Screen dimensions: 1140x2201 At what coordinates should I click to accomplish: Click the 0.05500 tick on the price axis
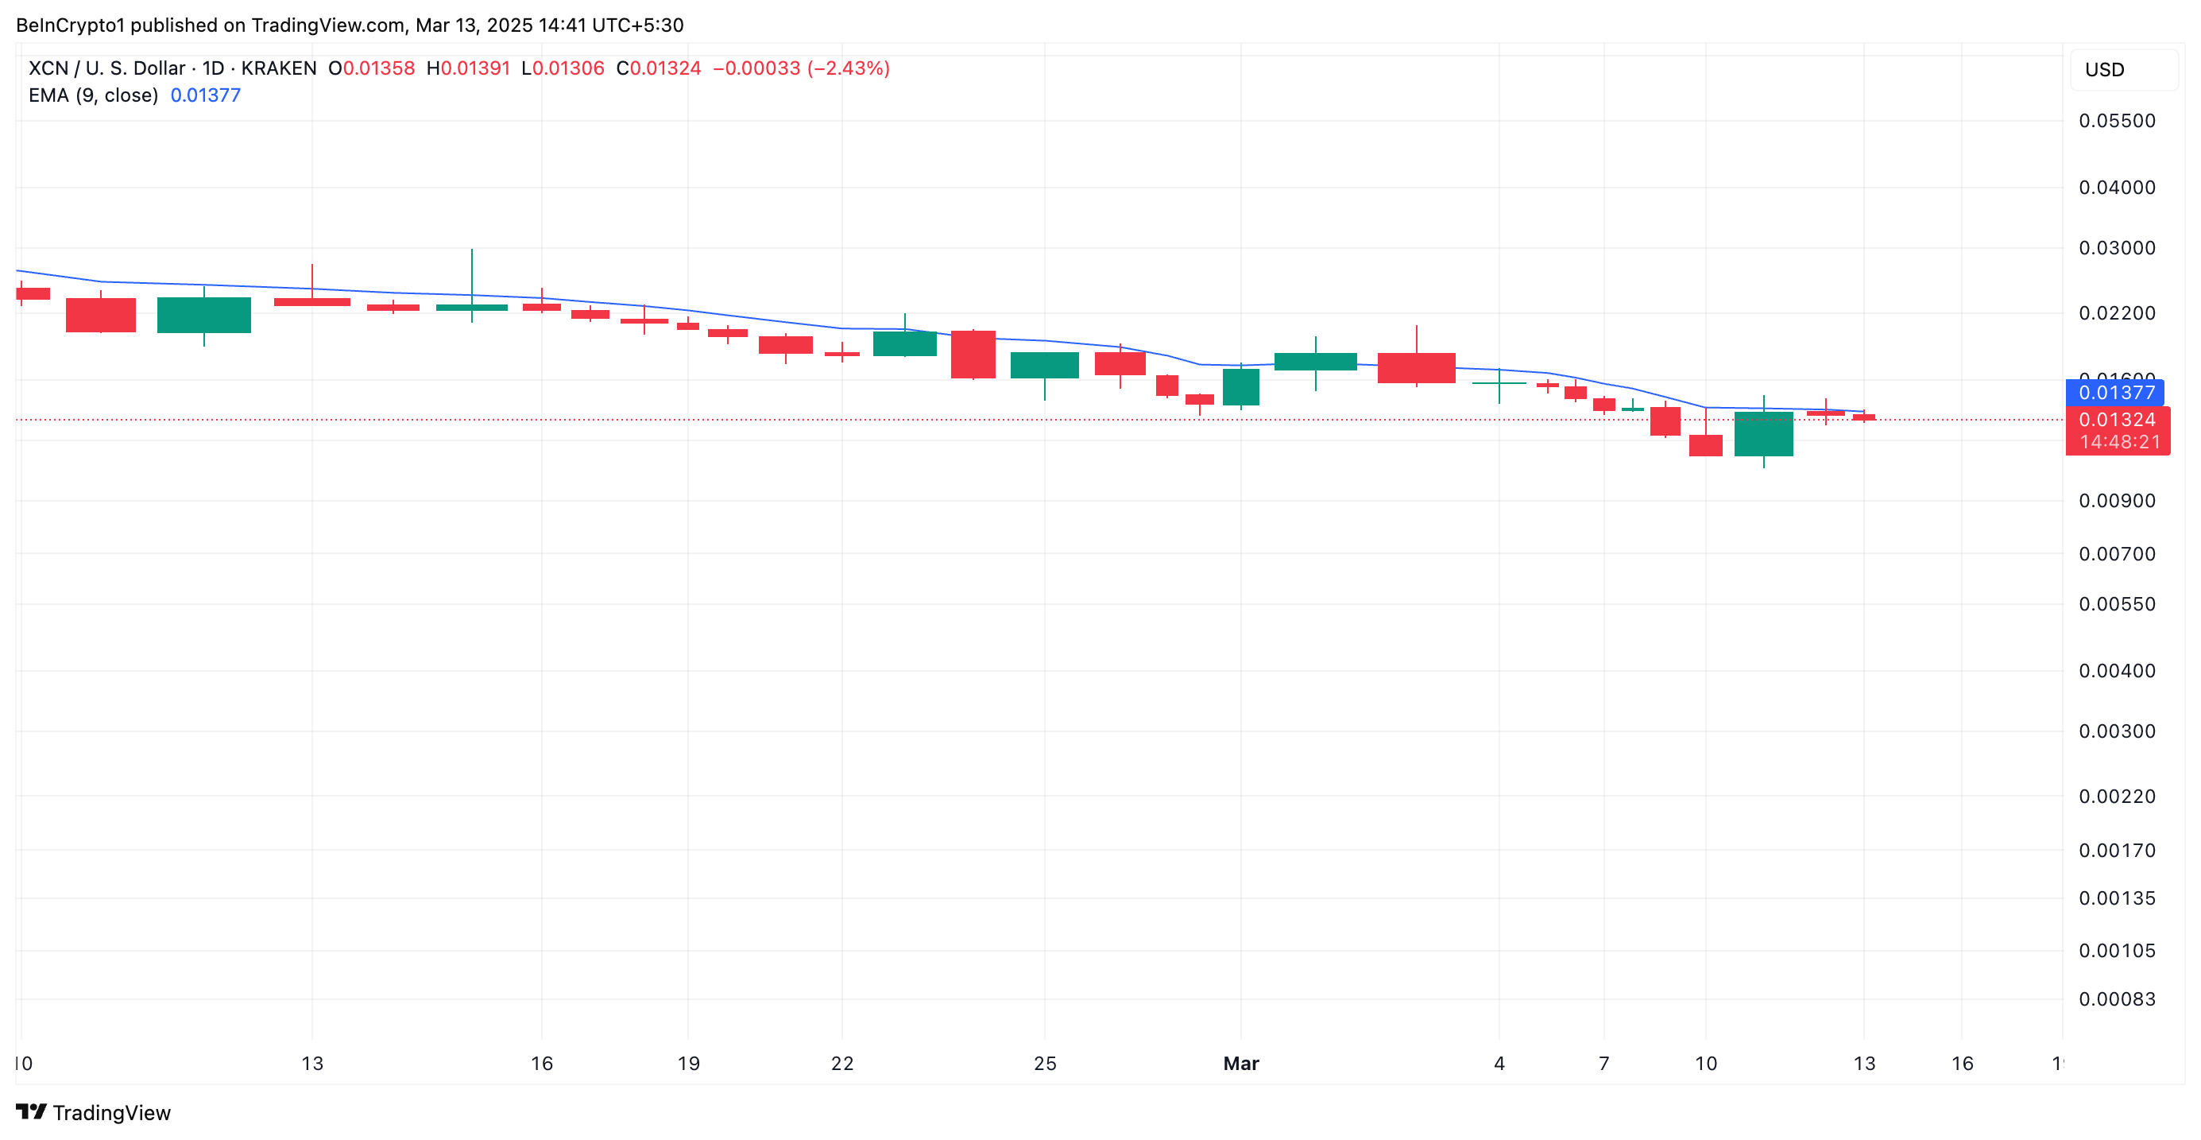[2117, 121]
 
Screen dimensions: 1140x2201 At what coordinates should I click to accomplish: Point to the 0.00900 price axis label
[2117, 501]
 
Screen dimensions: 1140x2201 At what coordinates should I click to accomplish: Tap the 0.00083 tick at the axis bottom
[2117, 999]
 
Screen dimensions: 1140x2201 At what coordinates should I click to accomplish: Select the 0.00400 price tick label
[2117, 671]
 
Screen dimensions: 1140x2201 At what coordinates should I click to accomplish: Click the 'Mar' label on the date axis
[1240, 1063]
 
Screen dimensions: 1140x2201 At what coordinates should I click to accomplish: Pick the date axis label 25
[1045, 1063]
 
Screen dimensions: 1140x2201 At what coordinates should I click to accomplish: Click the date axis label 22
[842, 1063]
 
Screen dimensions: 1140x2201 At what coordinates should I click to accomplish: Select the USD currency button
[2123, 70]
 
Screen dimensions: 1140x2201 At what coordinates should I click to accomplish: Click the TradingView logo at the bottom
[94, 1113]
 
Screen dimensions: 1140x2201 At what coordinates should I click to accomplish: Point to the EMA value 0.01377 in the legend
[206, 95]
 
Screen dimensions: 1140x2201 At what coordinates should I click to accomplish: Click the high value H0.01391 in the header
[468, 68]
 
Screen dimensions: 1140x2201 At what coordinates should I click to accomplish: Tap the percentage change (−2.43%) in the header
[848, 68]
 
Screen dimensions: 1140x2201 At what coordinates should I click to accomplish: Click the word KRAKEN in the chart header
[279, 68]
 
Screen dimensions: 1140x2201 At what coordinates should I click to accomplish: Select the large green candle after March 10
[1763, 434]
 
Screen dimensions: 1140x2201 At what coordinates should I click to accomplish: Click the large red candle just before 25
[973, 354]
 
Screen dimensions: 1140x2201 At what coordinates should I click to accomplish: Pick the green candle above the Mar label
[1240, 387]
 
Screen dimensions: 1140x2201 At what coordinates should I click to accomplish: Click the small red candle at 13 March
[1863, 417]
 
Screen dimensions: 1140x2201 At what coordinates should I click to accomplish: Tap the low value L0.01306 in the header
[563, 68]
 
